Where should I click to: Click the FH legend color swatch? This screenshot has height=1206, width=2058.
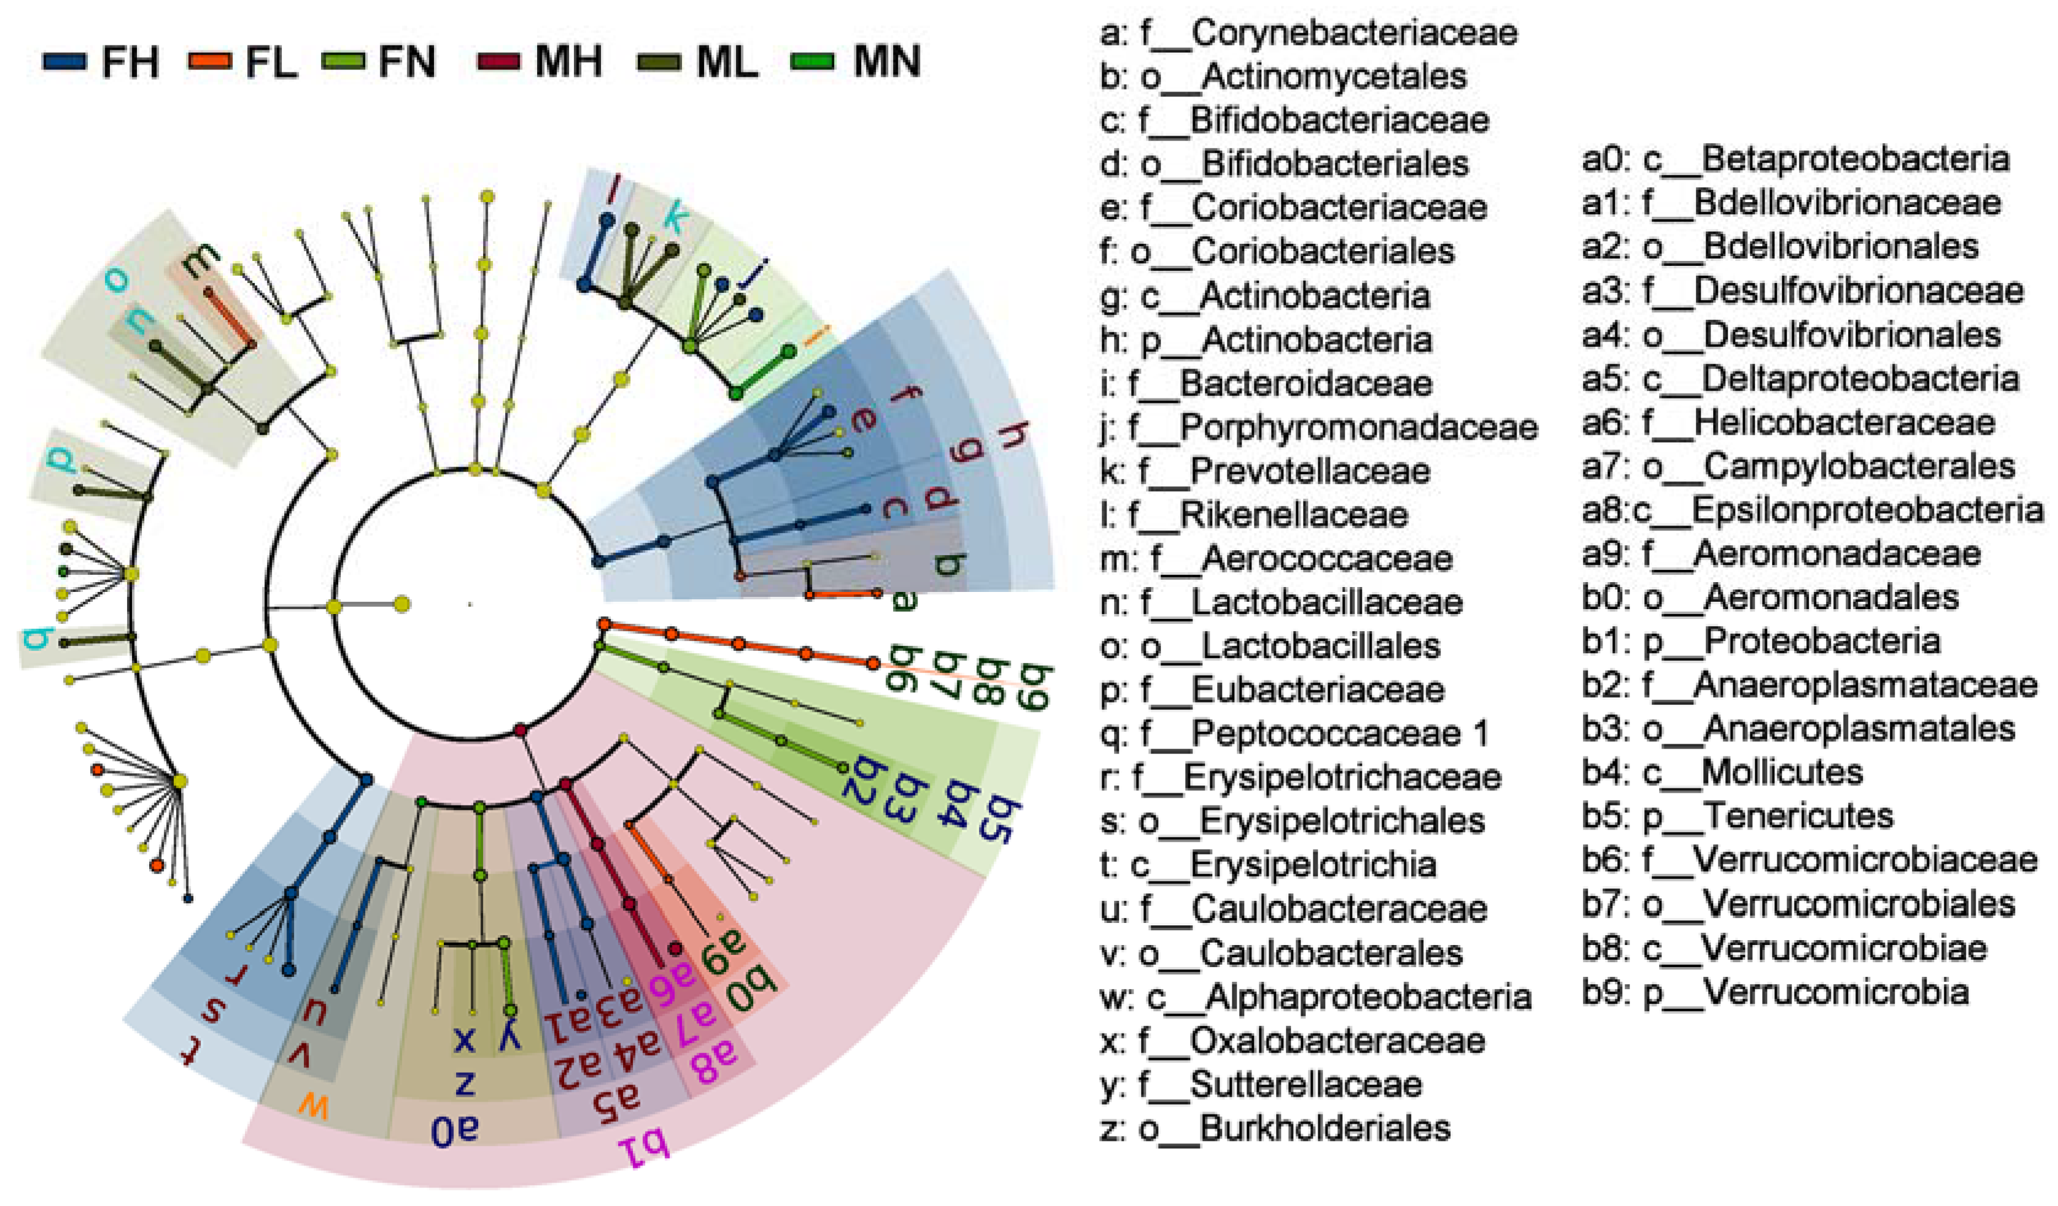tap(65, 62)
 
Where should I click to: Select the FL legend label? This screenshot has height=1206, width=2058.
tap(271, 62)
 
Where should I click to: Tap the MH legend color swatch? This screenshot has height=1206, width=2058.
tap(498, 62)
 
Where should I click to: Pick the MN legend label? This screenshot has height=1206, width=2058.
tap(886, 62)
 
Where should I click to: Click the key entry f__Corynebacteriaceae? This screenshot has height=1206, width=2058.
tap(1309, 33)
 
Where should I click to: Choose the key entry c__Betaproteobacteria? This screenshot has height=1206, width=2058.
tap(1795, 159)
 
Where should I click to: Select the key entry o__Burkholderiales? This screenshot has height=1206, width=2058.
tap(1275, 1129)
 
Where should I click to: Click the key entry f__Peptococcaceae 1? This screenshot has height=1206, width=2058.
tap(1294, 734)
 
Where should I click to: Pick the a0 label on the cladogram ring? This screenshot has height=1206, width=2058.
tap(455, 1130)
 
